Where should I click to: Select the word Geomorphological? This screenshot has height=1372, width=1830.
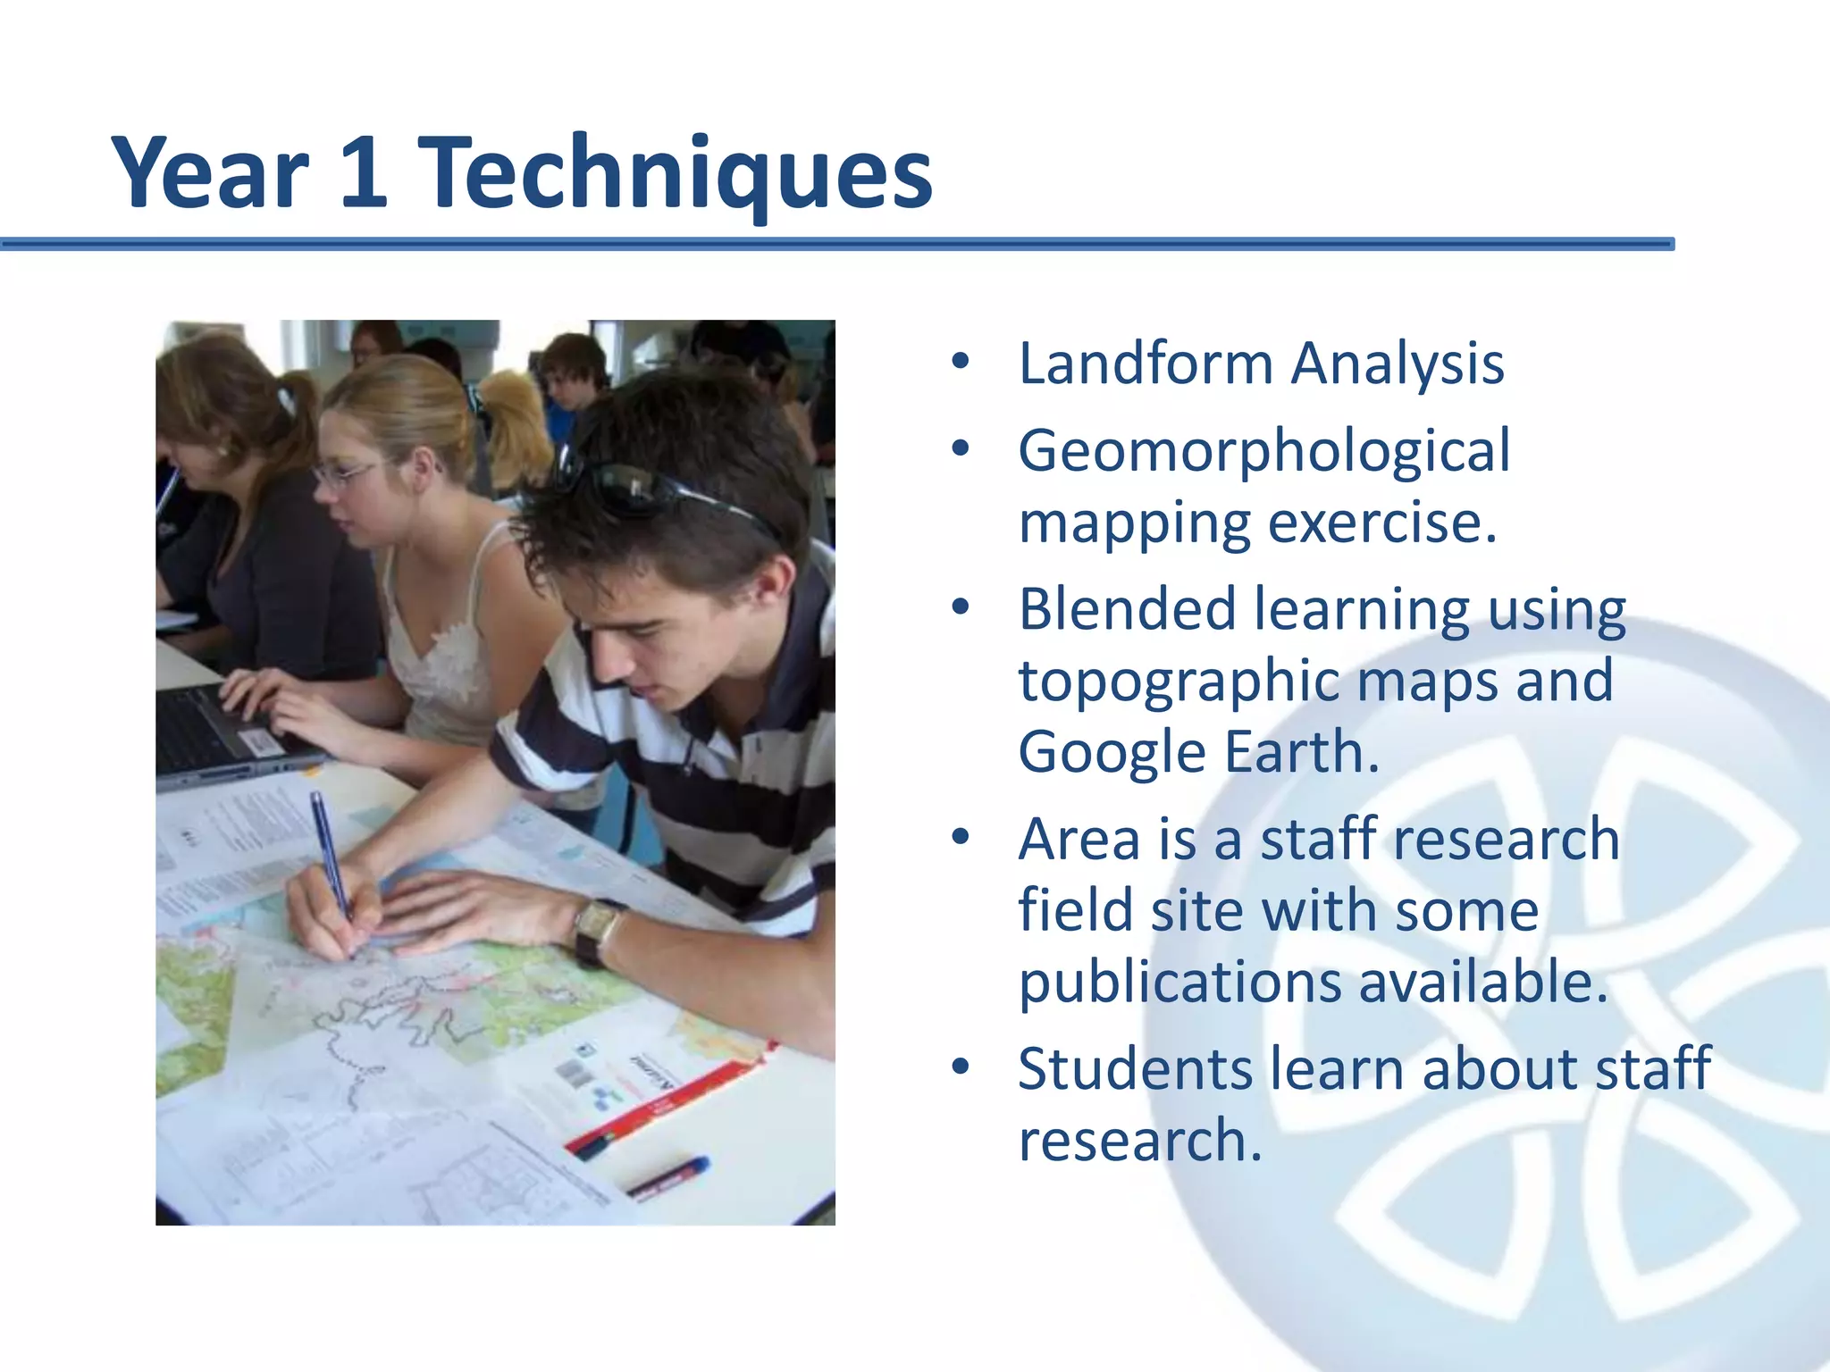point(1263,450)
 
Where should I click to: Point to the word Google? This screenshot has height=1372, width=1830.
point(1112,752)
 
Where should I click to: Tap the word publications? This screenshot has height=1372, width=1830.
point(1179,983)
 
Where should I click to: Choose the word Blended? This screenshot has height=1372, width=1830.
point(1127,610)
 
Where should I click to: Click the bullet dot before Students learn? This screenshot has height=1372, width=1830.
point(961,1067)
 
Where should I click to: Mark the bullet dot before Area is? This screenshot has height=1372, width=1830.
point(961,837)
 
